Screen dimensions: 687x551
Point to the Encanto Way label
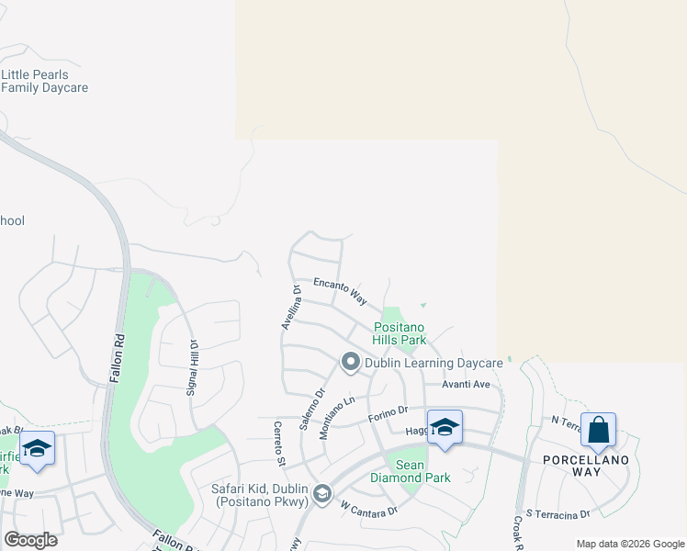pyautogui.click(x=340, y=291)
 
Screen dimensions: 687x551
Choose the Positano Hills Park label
pyautogui.click(x=400, y=333)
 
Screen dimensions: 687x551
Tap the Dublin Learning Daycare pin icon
pyautogui.click(x=350, y=364)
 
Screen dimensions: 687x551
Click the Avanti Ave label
pyautogui.click(x=466, y=384)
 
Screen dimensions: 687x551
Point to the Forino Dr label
pyautogui.click(x=388, y=416)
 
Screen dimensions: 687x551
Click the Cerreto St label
pyautogui.click(x=278, y=442)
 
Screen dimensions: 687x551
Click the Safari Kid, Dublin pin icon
pyautogui.click(x=322, y=495)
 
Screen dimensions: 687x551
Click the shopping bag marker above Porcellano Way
pyautogui.click(x=598, y=429)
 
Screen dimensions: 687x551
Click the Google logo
pyautogui.click(x=30, y=540)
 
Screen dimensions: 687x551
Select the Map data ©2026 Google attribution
pyautogui.click(x=630, y=544)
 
